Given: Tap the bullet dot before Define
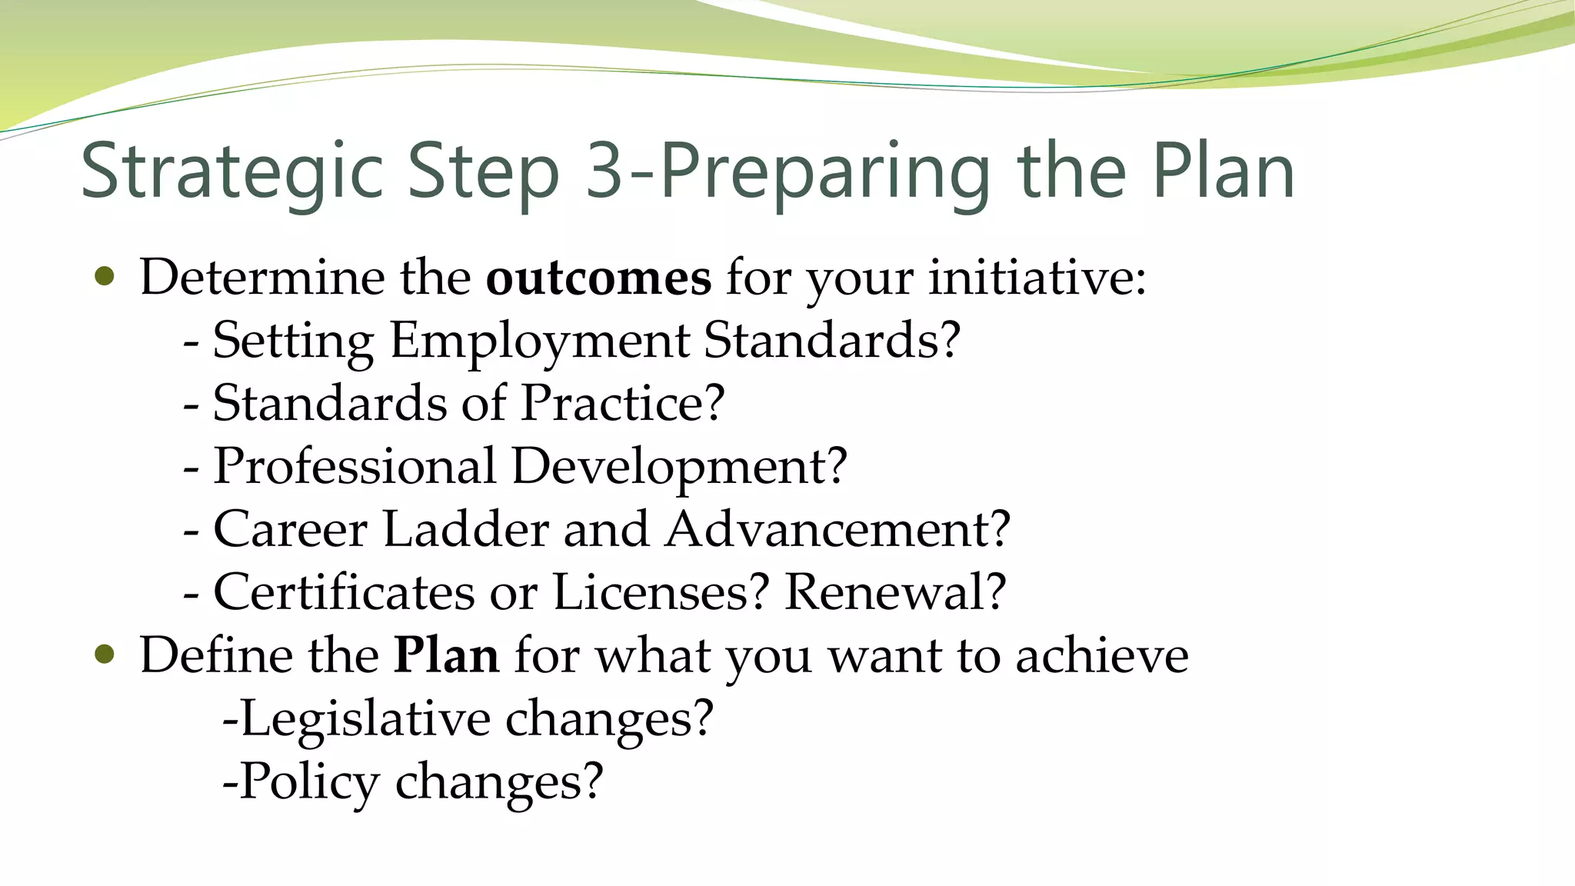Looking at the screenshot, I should pos(105,655).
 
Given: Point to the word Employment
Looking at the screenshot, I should pos(539,341).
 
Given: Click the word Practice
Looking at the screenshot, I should pos(622,403).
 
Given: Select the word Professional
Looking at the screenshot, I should pos(355,466).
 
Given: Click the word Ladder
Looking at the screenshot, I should pos(465,529).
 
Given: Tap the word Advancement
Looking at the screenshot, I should pos(837,529).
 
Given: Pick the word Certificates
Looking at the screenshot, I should pos(344,592).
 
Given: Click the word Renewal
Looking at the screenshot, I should pos(894,592).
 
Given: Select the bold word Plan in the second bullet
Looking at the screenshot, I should pos(446,655).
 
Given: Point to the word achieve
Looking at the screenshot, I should pos(1101,655).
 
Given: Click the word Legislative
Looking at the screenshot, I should pos(365,720).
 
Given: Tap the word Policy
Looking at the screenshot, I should pos(309,783).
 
